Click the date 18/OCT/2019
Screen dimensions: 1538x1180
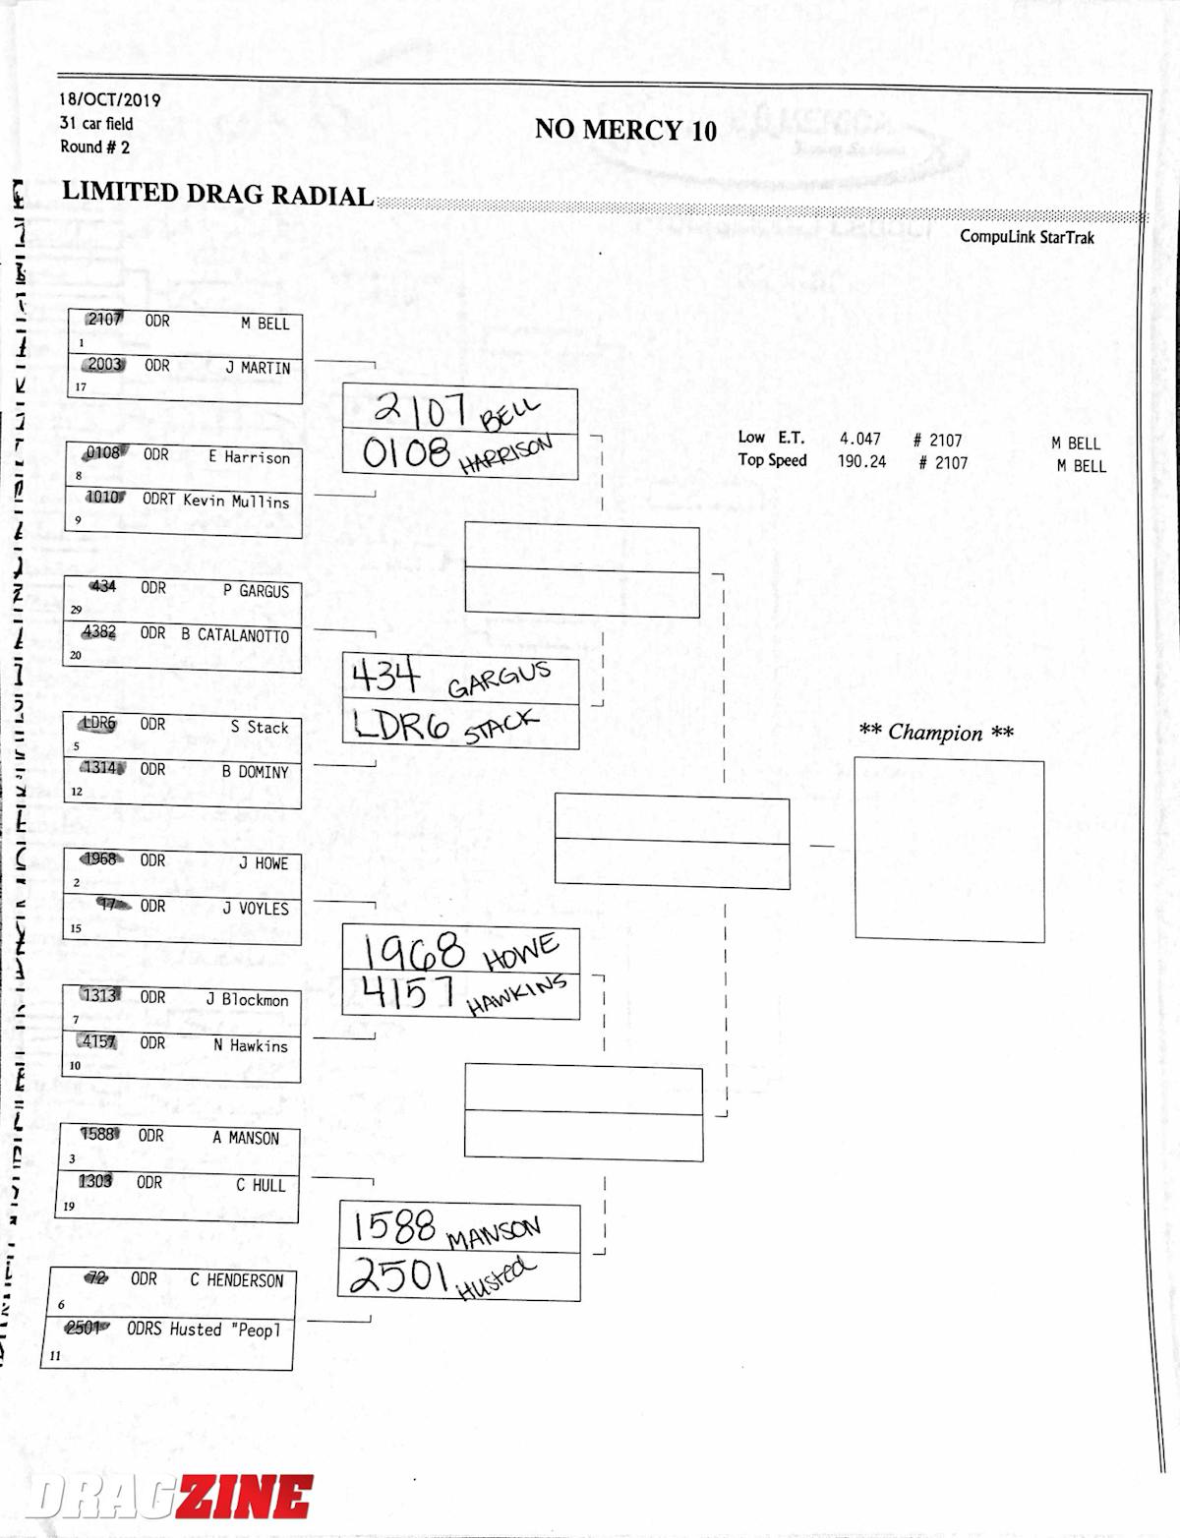109,99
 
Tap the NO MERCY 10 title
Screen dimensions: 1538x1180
625,130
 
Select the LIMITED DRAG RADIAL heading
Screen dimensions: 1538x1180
217,193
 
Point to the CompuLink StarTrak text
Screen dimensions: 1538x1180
1027,237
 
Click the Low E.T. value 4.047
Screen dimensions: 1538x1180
860,440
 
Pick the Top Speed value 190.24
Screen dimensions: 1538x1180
861,461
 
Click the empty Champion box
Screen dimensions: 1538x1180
949,850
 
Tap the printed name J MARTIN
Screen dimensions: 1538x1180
258,368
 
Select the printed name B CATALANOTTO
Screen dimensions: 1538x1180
235,635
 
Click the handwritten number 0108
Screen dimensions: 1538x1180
406,453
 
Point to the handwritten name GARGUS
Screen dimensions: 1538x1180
499,680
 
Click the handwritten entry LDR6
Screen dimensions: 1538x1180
401,726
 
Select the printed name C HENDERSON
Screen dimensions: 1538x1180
236,1280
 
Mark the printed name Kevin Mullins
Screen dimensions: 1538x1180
236,501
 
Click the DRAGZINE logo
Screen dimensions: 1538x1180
169,1498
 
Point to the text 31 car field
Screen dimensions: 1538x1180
96,123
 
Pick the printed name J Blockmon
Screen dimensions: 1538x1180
247,1000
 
